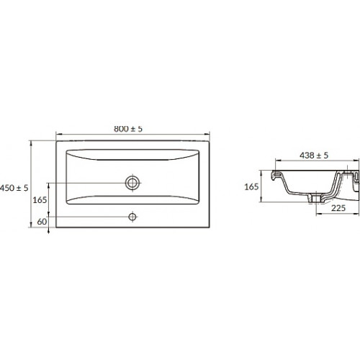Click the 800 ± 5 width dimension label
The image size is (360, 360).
coord(128,129)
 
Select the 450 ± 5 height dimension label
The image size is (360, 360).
coord(14,188)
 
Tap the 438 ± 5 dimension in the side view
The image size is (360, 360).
coord(314,156)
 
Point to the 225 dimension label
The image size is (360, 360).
coord(338,208)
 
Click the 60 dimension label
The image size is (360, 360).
coord(42,222)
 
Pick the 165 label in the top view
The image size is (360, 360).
coord(40,199)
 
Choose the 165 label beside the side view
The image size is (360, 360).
coord(251,186)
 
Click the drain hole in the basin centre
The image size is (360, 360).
coord(132,183)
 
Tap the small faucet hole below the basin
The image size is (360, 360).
coord(132,217)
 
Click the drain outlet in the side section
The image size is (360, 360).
coord(316,198)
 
